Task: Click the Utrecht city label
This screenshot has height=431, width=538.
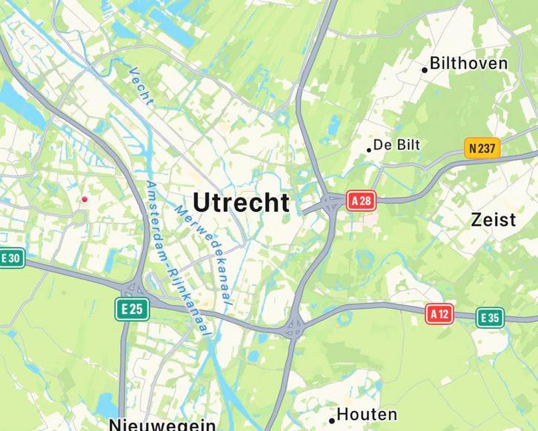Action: [x=241, y=203]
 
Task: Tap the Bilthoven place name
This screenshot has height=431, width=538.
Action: [x=469, y=64]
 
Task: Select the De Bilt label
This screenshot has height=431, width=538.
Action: [x=396, y=145]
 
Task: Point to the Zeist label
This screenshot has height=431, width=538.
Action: [x=493, y=220]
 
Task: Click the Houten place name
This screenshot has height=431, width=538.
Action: [x=367, y=414]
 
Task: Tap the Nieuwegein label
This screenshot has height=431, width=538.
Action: [x=162, y=425]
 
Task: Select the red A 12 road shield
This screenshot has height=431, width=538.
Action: [x=439, y=314]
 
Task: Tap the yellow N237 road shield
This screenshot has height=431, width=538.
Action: [x=482, y=148]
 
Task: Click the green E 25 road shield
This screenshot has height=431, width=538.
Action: [x=133, y=309]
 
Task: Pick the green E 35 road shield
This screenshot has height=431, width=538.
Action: [x=490, y=318]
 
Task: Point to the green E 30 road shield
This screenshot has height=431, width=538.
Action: [x=11, y=258]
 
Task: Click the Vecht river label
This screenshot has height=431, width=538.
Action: [x=140, y=87]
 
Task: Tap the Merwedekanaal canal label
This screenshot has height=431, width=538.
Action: [x=203, y=255]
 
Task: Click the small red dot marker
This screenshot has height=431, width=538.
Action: [x=84, y=199]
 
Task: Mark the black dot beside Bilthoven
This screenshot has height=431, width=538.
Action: [x=425, y=70]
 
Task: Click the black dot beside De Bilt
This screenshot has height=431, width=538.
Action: [x=369, y=150]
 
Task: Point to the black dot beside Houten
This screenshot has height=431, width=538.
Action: [x=332, y=421]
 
